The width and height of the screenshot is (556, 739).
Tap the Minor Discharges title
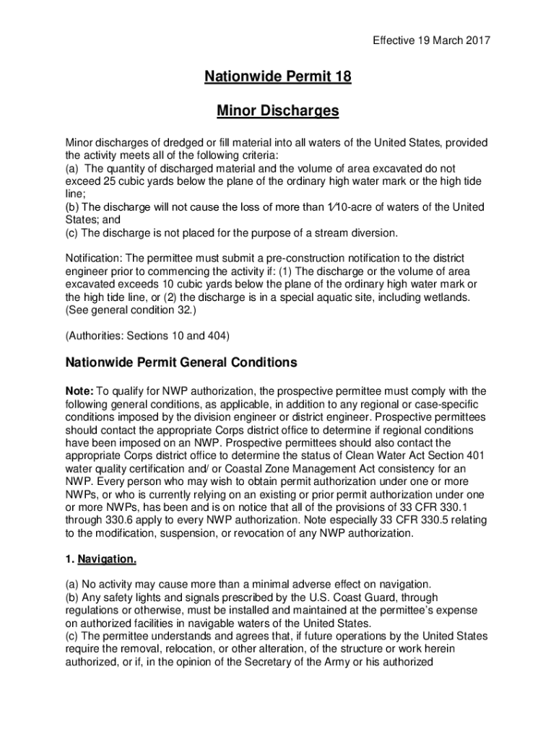point(278,111)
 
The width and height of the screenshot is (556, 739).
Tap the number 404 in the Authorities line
point(214,336)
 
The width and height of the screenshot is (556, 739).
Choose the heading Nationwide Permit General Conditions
point(181,362)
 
